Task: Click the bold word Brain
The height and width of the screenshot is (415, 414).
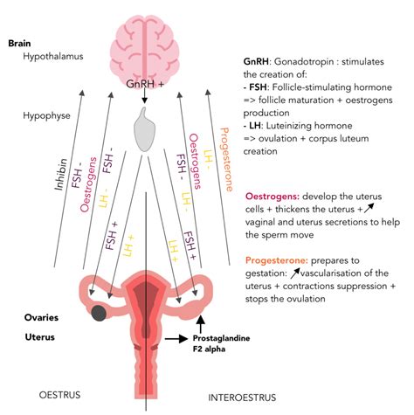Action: point(19,44)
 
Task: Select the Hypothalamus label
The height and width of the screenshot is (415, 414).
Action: point(53,56)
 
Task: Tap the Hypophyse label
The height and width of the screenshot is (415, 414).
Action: point(46,115)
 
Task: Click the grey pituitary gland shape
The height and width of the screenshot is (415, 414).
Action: point(145,129)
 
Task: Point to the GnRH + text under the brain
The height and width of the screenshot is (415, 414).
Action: point(145,84)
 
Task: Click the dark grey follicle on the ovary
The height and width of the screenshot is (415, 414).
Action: point(99,313)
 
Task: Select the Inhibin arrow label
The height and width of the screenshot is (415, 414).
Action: point(61,175)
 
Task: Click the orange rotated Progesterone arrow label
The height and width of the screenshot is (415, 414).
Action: point(225,160)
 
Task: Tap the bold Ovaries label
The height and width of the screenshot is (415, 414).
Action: point(41,317)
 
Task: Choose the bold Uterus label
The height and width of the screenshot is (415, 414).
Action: point(40,337)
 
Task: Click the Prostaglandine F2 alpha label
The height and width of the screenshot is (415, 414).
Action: point(221,343)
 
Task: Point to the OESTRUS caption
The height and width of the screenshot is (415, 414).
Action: point(59,395)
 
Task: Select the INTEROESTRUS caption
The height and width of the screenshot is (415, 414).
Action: point(242,398)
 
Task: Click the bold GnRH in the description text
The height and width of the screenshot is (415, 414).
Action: point(256,62)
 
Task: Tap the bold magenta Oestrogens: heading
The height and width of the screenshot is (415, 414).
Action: point(273,197)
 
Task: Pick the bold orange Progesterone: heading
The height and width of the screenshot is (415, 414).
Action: point(277,260)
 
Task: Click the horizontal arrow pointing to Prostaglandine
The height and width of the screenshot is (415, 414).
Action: point(176,339)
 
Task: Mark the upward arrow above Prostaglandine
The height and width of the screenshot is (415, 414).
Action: point(201,324)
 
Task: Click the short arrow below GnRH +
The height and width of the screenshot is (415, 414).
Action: point(144,96)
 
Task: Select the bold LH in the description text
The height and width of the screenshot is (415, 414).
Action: point(255,126)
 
